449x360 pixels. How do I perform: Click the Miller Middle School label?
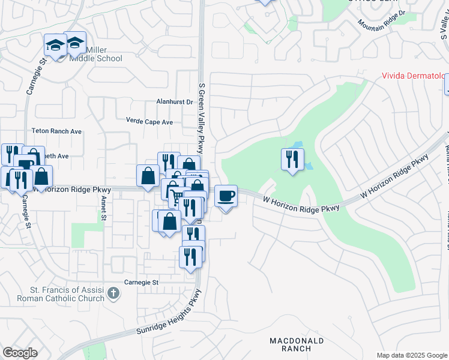[96, 54]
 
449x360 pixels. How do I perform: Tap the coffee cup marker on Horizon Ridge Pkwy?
[226, 196]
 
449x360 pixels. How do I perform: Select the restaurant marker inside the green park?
[292, 160]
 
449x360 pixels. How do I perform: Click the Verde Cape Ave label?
[149, 121]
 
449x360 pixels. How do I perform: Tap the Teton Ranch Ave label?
[56, 131]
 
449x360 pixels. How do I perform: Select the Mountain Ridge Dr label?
[382, 21]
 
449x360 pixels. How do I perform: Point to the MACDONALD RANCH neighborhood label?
[297, 344]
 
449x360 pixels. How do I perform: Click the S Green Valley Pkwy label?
[202, 118]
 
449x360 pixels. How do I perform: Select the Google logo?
[20, 353]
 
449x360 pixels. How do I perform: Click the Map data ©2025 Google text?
[412, 355]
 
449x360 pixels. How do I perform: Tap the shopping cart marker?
[176, 197]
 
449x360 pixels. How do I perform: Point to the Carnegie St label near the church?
[140, 282]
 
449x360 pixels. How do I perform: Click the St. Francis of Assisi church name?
[66, 294]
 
